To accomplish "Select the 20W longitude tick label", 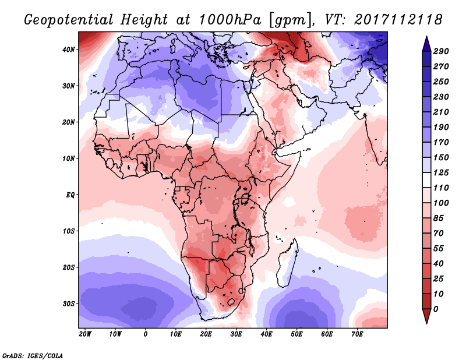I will coord(84,334).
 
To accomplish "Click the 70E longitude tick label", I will coord(357,334).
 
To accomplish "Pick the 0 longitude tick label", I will coord(146,334).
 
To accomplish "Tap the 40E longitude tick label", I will coord(266,334).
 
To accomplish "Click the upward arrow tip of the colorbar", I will coord(426,38).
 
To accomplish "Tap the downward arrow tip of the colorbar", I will coord(426,321).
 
